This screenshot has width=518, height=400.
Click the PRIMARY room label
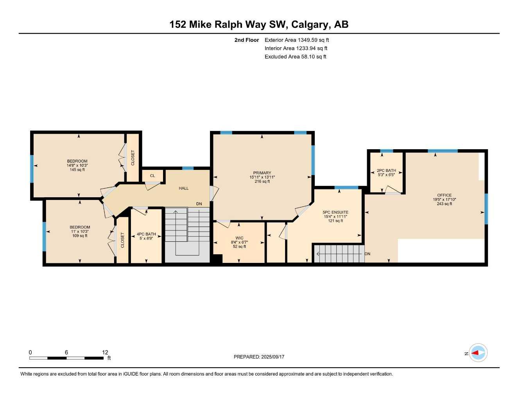262,173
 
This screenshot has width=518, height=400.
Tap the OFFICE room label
444,195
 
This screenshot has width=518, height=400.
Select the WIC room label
239,238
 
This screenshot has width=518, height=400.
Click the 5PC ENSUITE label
335,212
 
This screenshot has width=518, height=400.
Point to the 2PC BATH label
386,171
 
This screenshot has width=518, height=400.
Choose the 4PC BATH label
146,234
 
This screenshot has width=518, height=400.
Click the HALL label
184,188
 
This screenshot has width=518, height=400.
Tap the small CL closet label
152,176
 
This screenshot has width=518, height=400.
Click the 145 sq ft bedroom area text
77,170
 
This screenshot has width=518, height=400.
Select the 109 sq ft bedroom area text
80,236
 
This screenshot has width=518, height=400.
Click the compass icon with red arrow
478,353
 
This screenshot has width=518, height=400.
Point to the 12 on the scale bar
105,352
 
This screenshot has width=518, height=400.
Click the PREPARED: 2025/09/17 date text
259,357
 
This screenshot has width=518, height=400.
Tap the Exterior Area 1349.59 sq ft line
297,40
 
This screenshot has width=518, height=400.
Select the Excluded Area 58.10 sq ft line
295,57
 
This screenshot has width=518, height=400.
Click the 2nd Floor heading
247,40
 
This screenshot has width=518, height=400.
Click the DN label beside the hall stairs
199,204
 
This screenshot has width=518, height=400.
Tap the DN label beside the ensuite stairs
367,254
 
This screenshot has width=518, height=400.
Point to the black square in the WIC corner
217,259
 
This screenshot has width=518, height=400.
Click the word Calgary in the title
310,25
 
